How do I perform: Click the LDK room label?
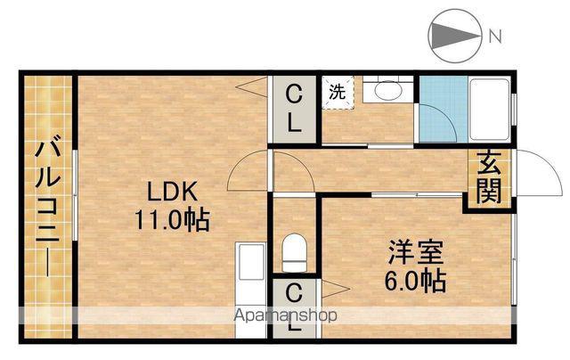click(172, 192)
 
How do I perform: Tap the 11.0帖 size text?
click(172, 220)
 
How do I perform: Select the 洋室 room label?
click(416, 253)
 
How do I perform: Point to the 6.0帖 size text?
click(415, 281)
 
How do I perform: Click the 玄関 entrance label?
click(489, 177)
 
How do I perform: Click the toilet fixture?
click(295, 253)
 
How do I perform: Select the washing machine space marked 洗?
click(338, 93)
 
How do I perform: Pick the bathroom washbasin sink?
click(388, 89)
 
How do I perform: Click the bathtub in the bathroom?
click(489, 109)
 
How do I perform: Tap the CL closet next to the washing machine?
click(294, 109)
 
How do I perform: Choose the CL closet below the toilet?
click(294, 308)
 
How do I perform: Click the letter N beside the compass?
click(495, 37)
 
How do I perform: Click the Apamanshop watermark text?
click(286, 315)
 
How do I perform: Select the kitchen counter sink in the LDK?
click(251, 262)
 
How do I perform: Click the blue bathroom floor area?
click(444, 109)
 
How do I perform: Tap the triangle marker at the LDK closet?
click(252, 87)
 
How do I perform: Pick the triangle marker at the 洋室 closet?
click(336, 289)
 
